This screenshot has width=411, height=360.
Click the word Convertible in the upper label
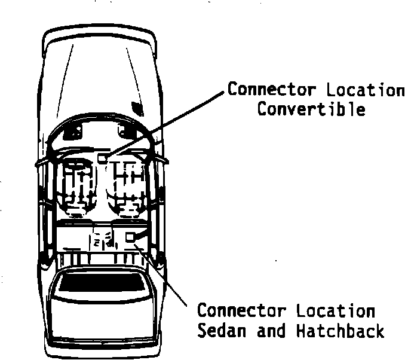pos(311,109)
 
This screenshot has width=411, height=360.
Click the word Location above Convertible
pos(366,90)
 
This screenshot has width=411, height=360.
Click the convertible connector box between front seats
pos(103,158)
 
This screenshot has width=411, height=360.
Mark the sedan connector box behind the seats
pos(130,237)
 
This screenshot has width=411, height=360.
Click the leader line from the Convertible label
pos(167,123)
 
